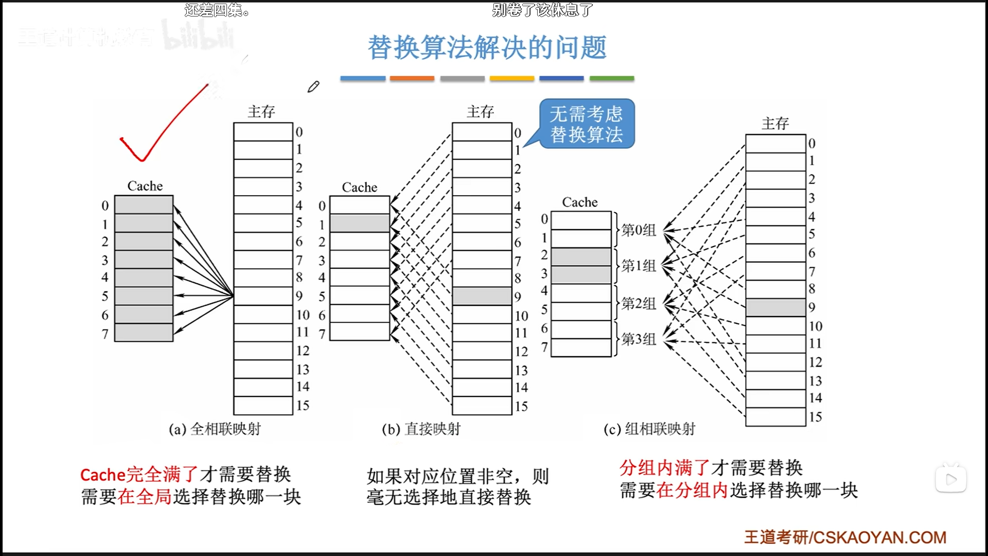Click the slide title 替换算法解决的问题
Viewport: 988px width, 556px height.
click(x=487, y=48)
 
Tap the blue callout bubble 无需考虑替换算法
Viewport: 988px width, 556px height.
click(x=587, y=124)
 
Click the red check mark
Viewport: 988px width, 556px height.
click(x=154, y=129)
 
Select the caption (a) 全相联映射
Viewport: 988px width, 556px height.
click(x=215, y=429)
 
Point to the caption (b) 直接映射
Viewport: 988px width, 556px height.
click(x=421, y=429)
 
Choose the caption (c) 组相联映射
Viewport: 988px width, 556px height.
click(x=649, y=429)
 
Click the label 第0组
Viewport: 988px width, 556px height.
click(x=639, y=230)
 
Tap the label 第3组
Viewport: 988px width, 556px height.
click(x=639, y=339)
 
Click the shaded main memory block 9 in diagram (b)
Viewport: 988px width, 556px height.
click(x=482, y=296)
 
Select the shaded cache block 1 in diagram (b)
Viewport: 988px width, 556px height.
click(x=360, y=223)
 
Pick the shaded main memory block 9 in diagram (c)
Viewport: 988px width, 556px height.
click(x=775, y=307)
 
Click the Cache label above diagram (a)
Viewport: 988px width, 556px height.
click(x=145, y=186)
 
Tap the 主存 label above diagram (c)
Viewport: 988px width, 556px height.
click(x=775, y=124)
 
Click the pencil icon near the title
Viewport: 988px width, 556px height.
click(x=313, y=87)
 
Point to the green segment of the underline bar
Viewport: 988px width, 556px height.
click(x=611, y=79)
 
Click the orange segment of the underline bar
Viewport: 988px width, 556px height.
click(x=412, y=79)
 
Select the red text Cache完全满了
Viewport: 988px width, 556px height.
click(x=139, y=474)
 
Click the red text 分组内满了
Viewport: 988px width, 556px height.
click(x=664, y=467)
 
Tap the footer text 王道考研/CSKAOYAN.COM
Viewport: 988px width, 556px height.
click(x=845, y=537)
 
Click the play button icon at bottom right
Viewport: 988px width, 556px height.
click(x=950, y=479)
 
